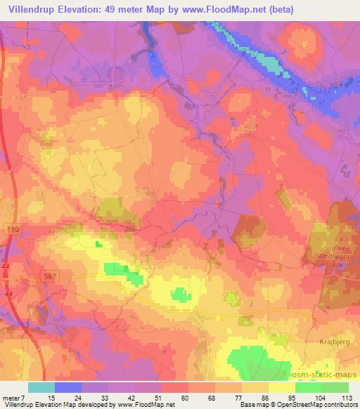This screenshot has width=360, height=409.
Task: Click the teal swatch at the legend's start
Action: point(41,387)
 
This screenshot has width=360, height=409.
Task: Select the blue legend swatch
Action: point(68,387)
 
